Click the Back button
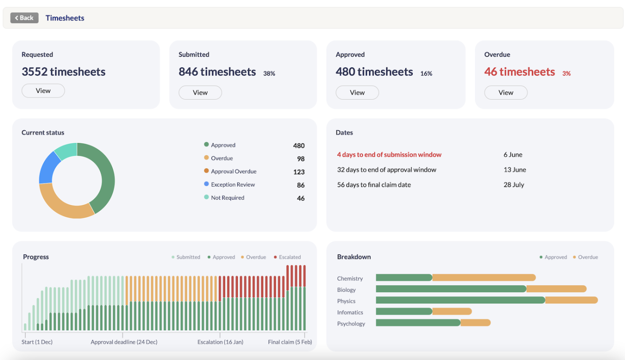pyautogui.click(x=24, y=18)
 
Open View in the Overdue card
pyautogui.click(x=505, y=92)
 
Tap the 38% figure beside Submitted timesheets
pyautogui.click(x=269, y=73)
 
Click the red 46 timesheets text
pyautogui.click(x=520, y=72)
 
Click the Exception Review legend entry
pyautogui.click(x=232, y=185)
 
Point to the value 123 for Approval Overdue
pyautogui.click(x=299, y=172)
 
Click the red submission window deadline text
pyautogui.click(x=389, y=155)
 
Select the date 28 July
pyautogui.click(x=513, y=185)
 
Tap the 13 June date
pyautogui.click(x=515, y=169)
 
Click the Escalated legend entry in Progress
pyautogui.click(x=289, y=257)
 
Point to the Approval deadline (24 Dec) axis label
pyautogui.click(x=124, y=342)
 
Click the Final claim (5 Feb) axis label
pyautogui.click(x=290, y=342)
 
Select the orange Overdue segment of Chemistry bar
pyautogui.click(x=483, y=277)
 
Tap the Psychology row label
pyautogui.click(x=351, y=324)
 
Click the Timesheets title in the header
pyautogui.click(x=65, y=18)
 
